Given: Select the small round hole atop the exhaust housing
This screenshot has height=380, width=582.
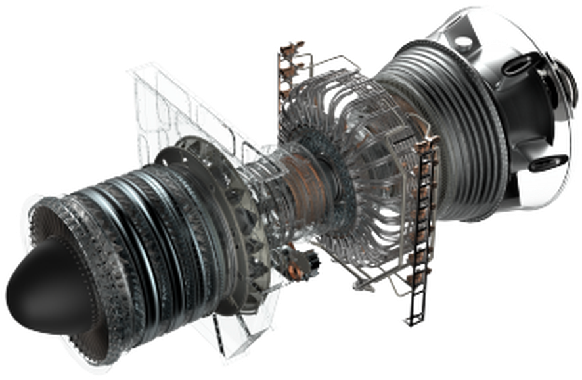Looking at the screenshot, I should click(x=463, y=41).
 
